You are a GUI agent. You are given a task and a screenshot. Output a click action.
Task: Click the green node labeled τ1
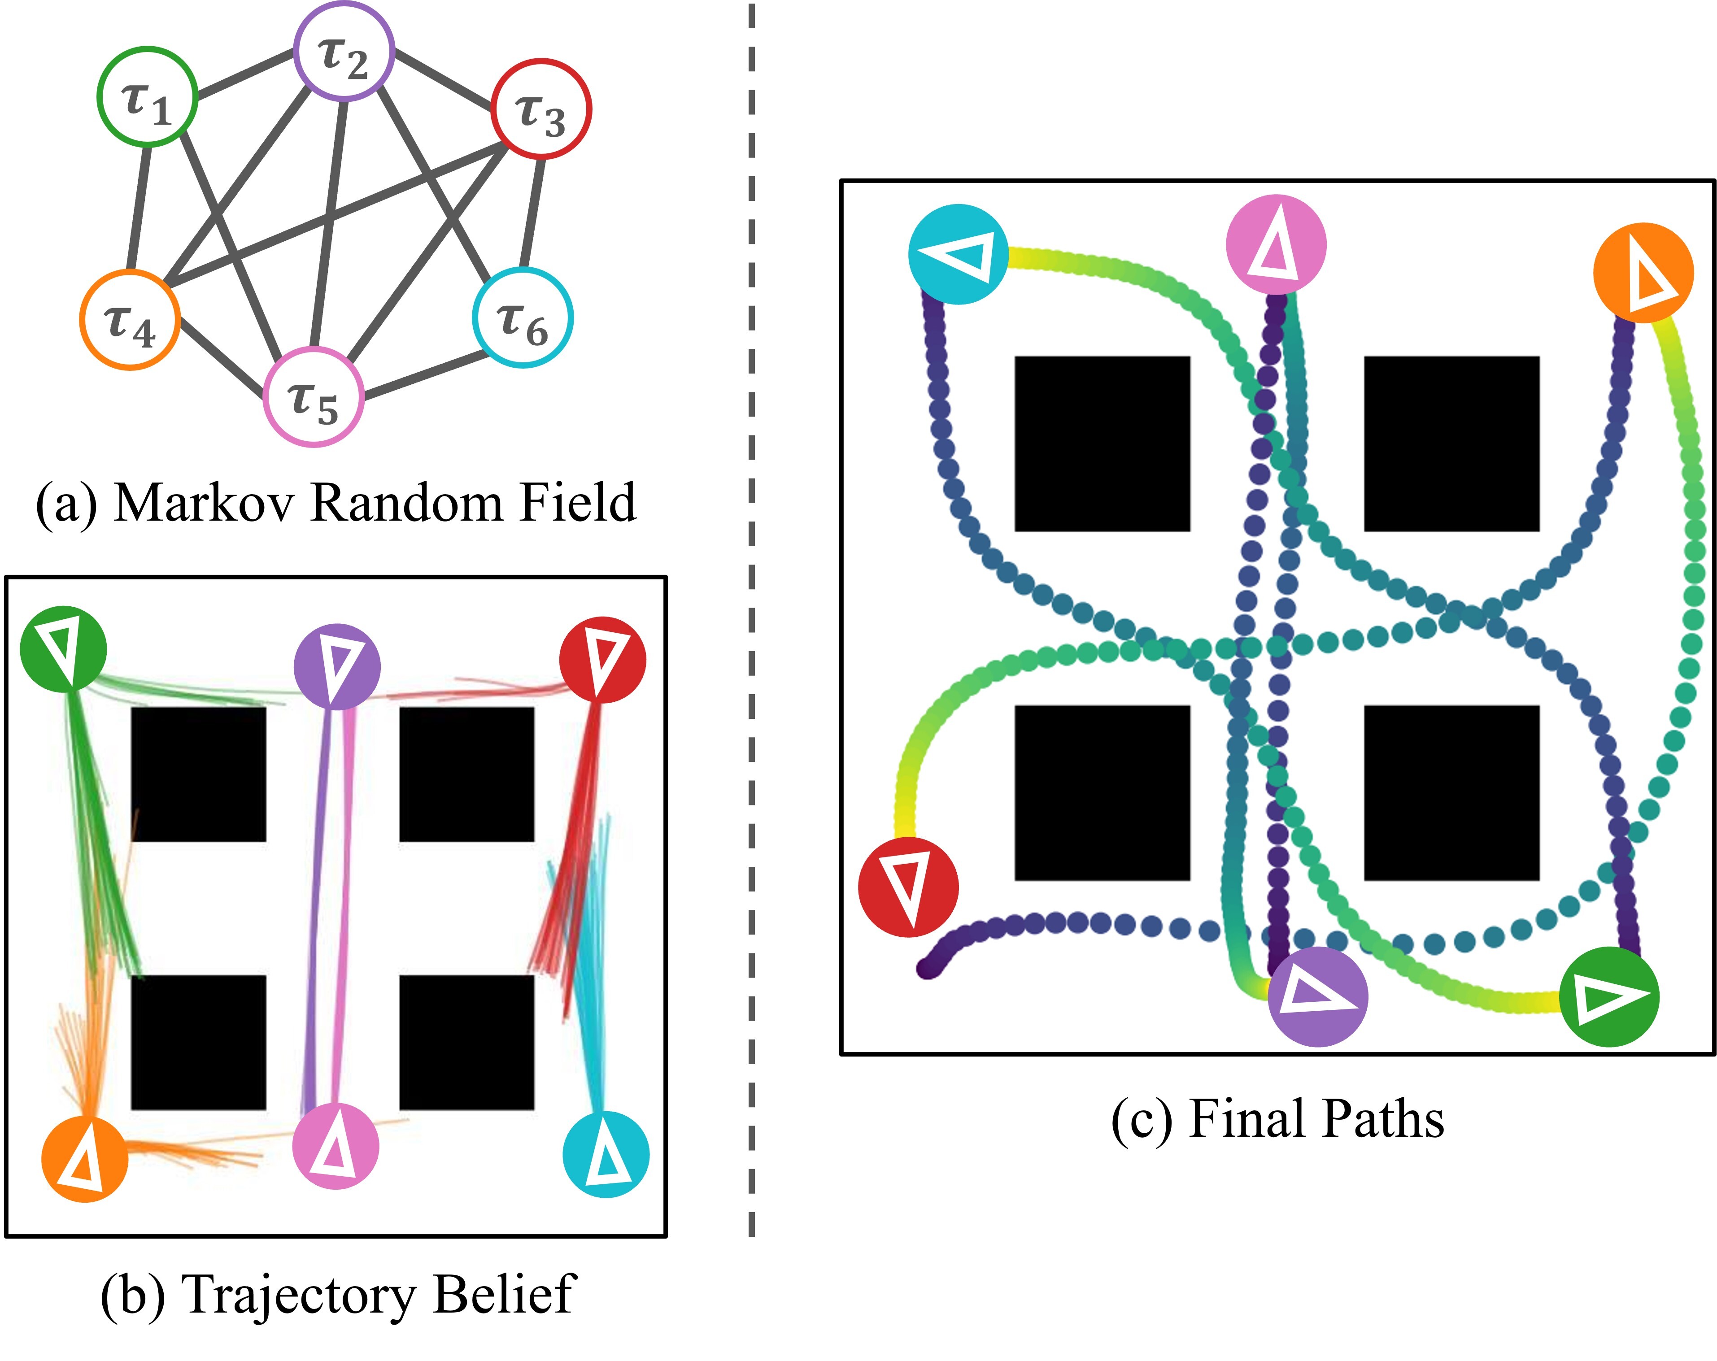147,96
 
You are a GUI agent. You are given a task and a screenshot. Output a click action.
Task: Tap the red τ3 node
541,109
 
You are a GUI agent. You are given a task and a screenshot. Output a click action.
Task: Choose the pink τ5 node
314,396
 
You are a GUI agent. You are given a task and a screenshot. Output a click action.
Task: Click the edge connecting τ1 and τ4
139,209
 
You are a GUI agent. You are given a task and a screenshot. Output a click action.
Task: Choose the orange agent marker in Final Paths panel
1643,272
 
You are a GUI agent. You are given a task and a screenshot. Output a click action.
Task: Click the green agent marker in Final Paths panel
1609,996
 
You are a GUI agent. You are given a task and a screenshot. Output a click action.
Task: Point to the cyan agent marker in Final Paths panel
958,254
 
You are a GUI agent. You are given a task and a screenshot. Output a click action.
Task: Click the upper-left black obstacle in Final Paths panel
1102,444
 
